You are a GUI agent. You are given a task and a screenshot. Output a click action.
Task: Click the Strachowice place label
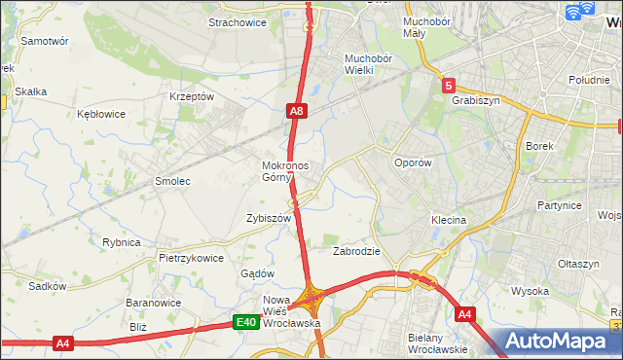click(x=238, y=22)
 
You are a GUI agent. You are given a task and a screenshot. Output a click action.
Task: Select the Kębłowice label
click(x=101, y=114)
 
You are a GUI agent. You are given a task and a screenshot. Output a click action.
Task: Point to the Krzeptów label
click(x=191, y=96)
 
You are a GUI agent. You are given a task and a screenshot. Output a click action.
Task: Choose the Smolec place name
click(x=172, y=181)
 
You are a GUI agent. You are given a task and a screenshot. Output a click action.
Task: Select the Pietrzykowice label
click(x=191, y=258)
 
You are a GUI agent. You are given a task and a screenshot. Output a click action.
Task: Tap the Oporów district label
click(x=412, y=162)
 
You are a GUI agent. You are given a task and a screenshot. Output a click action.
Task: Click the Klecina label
click(x=449, y=220)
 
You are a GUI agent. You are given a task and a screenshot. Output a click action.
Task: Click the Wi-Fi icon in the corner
click(x=580, y=12)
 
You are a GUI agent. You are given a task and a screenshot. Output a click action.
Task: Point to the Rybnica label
click(x=122, y=242)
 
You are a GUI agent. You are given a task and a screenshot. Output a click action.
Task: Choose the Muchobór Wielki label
click(x=367, y=63)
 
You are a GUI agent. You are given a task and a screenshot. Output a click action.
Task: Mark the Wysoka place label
click(x=530, y=291)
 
